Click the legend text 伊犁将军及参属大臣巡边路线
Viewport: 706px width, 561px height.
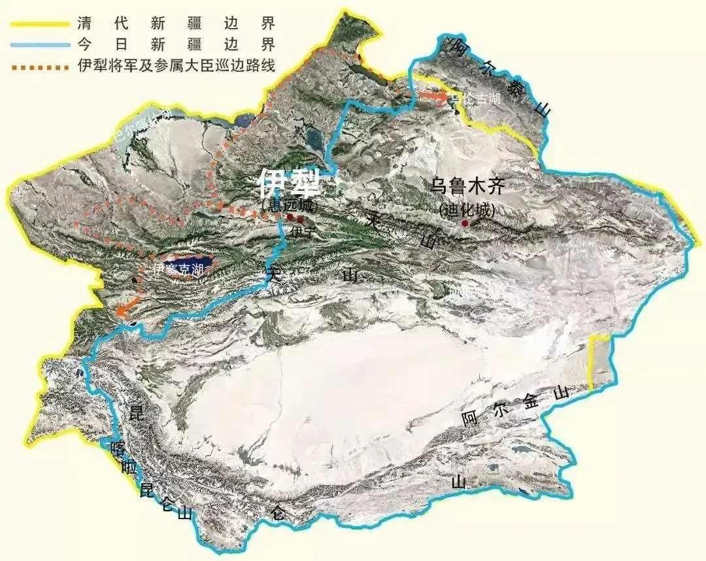coord(175,66)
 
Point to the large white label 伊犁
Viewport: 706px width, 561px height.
coord(288,184)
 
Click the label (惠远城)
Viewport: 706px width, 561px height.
coord(288,205)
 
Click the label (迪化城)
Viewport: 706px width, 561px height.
coord(468,211)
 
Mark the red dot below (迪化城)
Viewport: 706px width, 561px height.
coord(465,224)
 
